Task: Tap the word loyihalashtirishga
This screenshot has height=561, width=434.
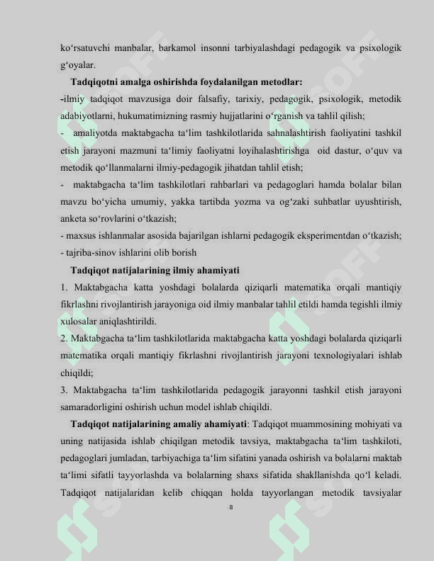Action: (x=262, y=150)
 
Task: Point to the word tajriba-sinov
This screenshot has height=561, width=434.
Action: (x=91, y=253)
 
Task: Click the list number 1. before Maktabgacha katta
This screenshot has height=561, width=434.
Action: (x=65, y=288)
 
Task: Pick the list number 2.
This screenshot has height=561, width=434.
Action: (x=65, y=339)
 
